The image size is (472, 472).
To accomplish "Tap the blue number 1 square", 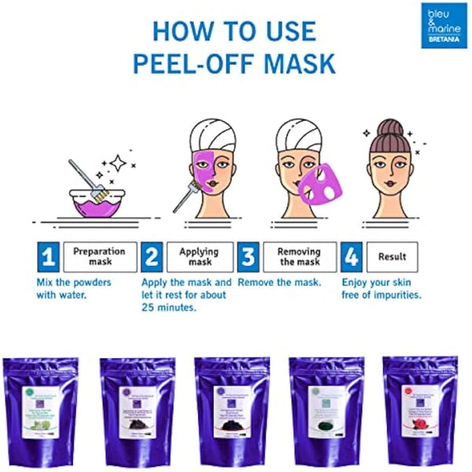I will (x=49, y=257).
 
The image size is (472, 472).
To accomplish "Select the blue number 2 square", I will (x=152, y=257).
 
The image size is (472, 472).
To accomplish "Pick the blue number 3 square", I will (x=248, y=257).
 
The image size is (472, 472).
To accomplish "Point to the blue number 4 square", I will (x=352, y=257).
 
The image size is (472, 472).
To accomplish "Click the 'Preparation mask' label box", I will (x=99, y=256).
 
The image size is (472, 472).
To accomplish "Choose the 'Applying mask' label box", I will (x=199, y=256).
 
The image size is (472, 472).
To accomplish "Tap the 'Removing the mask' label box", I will (x=299, y=256).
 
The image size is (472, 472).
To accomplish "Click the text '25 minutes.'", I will (x=169, y=308).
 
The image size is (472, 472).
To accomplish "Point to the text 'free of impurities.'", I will (x=382, y=295).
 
